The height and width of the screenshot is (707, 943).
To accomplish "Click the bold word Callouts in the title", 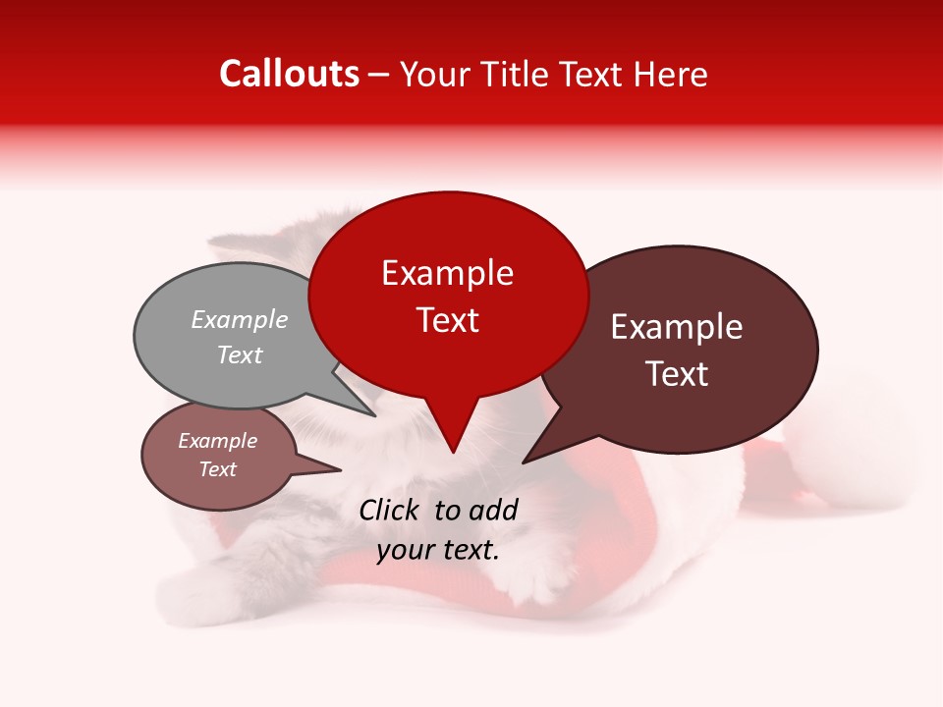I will coord(289,74).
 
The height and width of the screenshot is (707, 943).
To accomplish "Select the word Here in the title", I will coord(670,75).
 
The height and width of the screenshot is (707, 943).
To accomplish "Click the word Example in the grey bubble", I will coord(240,320).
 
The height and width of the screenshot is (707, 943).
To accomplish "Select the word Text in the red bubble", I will coord(448,320).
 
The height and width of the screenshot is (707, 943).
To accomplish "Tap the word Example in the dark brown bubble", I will coord(677,327).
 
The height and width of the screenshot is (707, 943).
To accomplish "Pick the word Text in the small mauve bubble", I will coord(218,469).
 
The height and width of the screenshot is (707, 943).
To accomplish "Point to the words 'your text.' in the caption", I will coord(438,550).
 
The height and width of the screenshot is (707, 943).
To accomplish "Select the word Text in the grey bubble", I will coord(240,354).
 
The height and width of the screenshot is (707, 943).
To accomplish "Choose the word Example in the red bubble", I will coord(448,273).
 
